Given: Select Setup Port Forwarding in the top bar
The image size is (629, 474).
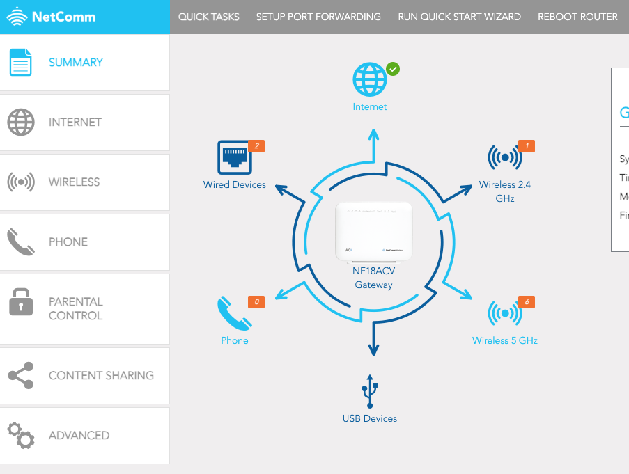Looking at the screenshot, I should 318,17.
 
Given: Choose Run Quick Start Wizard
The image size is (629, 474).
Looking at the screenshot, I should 459,17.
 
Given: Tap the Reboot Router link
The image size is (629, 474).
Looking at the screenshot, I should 577,17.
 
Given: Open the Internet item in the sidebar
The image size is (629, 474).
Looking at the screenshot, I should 75,123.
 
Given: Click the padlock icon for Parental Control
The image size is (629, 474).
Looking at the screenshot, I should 20,302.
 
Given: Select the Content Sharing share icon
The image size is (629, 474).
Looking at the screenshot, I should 20,376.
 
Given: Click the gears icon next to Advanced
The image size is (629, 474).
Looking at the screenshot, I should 20,435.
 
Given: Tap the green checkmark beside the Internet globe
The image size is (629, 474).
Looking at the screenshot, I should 393,69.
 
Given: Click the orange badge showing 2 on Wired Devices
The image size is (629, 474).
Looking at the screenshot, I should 256,146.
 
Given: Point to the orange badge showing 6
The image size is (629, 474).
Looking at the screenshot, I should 527,302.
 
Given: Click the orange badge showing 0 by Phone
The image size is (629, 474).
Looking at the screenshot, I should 256,302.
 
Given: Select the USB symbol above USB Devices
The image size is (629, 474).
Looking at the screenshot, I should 370,391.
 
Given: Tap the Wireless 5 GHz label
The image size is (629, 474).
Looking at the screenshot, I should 504,340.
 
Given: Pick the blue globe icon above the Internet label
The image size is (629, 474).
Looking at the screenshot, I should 369,79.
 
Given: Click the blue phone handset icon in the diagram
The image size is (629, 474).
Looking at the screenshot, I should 233,315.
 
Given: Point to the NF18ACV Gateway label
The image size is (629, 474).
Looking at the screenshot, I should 373,278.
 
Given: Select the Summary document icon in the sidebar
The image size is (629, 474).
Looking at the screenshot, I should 20,63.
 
